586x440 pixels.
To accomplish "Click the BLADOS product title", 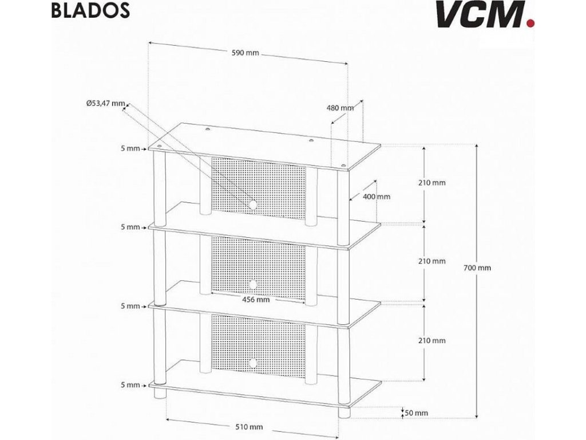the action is [x=89, y=11].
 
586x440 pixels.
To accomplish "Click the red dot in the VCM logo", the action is [x=530, y=23].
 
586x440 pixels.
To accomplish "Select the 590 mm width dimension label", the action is [x=246, y=53].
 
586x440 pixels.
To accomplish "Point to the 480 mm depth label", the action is [x=340, y=108].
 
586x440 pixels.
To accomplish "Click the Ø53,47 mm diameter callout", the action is [x=105, y=104].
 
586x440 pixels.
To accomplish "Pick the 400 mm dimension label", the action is [x=377, y=197].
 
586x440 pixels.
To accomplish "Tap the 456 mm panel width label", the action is [x=256, y=299].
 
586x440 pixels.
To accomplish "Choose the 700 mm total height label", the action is [x=477, y=268].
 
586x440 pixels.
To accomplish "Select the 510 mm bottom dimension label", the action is [x=249, y=427].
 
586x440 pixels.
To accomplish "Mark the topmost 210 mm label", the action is [x=431, y=183].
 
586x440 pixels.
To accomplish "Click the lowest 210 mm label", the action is [x=431, y=340].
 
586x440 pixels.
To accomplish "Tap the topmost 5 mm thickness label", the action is [x=130, y=148].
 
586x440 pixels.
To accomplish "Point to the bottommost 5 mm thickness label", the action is [x=130, y=385].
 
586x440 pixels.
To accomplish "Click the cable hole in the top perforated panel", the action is [x=252, y=205].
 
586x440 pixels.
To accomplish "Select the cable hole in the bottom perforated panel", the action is [x=252, y=363].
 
